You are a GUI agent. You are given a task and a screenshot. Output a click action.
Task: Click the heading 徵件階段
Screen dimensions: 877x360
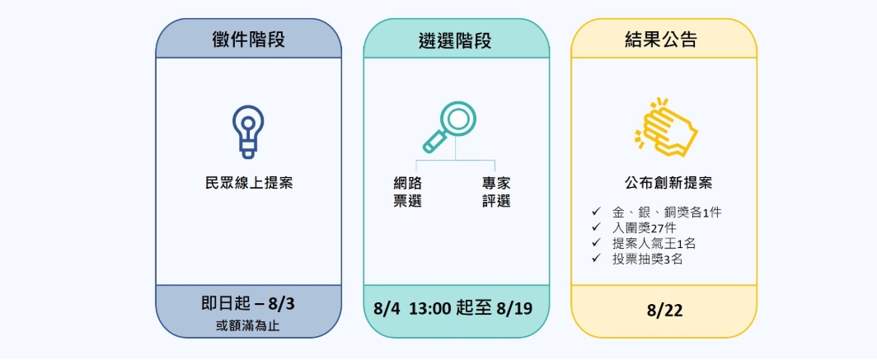click(248, 40)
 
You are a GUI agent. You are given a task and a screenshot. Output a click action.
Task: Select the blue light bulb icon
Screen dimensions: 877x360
click(248, 132)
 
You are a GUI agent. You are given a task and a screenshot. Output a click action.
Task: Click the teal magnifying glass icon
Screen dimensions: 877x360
click(449, 126)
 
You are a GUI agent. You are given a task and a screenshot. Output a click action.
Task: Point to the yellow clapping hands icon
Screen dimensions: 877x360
click(665, 126)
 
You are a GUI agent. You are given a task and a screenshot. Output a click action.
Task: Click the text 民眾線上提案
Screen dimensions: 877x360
click(249, 183)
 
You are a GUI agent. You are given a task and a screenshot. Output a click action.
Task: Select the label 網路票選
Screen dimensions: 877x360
click(407, 192)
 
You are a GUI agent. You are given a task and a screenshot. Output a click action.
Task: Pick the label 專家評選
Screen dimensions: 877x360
click(496, 192)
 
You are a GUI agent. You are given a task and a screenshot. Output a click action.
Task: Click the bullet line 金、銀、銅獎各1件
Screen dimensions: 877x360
click(667, 213)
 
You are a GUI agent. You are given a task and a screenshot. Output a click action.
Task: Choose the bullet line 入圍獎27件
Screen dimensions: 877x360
click(644, 228)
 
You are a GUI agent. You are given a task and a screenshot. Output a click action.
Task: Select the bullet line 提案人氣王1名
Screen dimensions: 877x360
click(654, 244)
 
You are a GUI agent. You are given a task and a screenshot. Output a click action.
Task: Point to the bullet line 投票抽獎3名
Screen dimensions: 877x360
click(647, 259)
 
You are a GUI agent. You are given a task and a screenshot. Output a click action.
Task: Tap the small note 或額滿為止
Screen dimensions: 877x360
click(248, 326)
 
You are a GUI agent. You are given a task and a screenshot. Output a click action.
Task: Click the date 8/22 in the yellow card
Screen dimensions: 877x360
click(664, 311)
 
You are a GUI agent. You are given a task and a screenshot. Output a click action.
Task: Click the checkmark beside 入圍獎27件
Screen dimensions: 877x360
click(596, 228)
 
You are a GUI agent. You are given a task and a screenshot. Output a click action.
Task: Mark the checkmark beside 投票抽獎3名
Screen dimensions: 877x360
click(596, 259)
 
